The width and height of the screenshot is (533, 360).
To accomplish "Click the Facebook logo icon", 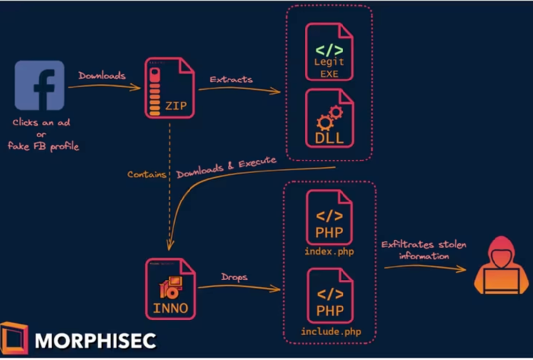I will pyautogui.click(x=39, y=85).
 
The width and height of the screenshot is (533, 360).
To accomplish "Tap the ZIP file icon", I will pyautogui.click(x=170, y=88).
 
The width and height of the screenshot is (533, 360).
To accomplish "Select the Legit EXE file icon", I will pyautogui.click(x=329, y=52).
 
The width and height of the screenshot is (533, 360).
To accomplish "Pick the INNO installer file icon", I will pyautogui.click(x=170, y=288).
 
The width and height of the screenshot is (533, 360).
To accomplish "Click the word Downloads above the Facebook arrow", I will pyautogui.click(x=102, y=76).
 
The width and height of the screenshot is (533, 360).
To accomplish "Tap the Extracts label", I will pyautogui.click(x=231, y=79).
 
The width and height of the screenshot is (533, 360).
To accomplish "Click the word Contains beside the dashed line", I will pyautogui.click(x=147, y=174).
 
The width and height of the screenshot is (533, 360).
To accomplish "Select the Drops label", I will pyautogui.click(x=234, y=277).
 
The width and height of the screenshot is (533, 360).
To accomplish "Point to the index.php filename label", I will pyautogui.click(x=330, y=252).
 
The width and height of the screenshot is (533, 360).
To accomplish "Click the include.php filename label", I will pyautogui.click(x=331, y=331).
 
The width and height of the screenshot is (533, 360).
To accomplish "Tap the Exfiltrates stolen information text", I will pyautogui.click(x=424, y=250).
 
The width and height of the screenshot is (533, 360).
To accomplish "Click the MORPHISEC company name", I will pyautogui.click(x=95, y=340).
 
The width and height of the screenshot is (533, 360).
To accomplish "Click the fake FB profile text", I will pyautogui.click(x=43, y=146).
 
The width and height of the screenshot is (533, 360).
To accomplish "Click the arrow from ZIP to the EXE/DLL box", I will pyautogui.click(x=239, y=90).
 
